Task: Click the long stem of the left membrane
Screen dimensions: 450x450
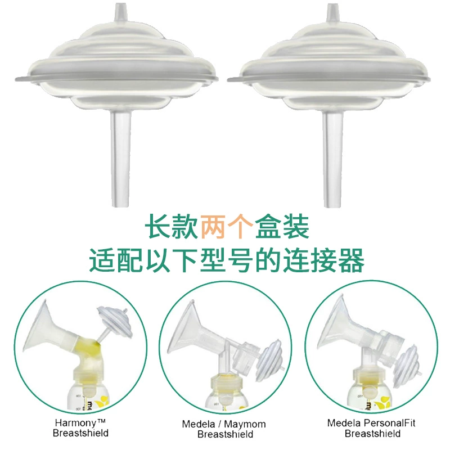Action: [121, 158]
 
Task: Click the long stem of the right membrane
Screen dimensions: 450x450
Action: [332, 159]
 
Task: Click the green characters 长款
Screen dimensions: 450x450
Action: [172, 227]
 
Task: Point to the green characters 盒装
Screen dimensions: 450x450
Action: [282, 227]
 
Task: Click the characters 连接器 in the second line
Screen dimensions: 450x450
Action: [324, 260]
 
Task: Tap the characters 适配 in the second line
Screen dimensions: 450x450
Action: [116, 260]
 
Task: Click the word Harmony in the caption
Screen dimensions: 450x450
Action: [76, 423]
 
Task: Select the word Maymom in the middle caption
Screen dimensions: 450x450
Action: [245, 424]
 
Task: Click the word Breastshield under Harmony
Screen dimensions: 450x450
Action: [80, 433]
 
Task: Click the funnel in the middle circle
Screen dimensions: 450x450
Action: [187, 330]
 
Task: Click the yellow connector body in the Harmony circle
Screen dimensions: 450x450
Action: [87, 353]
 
